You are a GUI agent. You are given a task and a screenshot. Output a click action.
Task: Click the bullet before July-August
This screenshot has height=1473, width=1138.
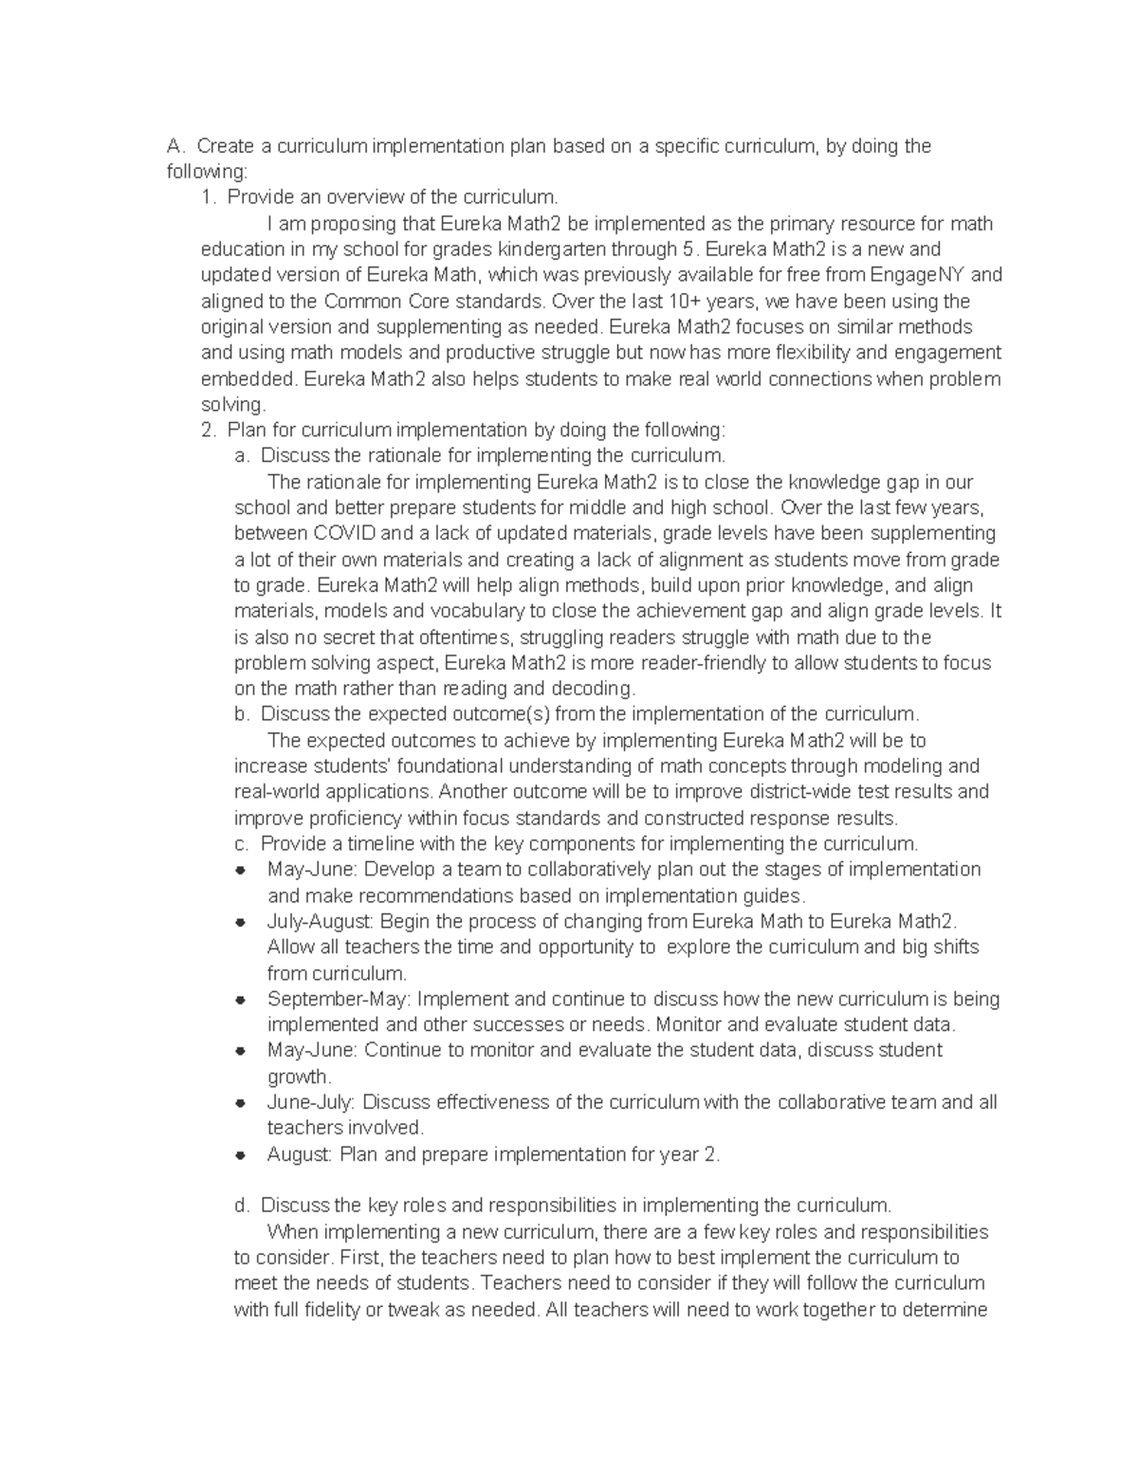tap(241, 921)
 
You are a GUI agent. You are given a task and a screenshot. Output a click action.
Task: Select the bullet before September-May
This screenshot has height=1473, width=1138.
tap(241, 999)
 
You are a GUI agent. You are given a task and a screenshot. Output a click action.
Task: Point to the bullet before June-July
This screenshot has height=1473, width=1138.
tap(241, 1102)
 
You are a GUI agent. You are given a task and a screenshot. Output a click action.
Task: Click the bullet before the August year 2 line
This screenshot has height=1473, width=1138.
tap(241, 1154)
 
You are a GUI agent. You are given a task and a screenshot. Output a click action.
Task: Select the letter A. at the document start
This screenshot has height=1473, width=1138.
tap(174, 146)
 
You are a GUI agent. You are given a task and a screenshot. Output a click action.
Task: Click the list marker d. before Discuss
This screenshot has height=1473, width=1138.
tap(242, 1206)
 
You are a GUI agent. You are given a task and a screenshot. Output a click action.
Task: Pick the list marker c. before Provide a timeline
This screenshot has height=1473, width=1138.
tap(242, 843)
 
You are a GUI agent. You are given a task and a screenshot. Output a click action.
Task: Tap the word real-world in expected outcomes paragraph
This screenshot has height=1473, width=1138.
tap(277, 791)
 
